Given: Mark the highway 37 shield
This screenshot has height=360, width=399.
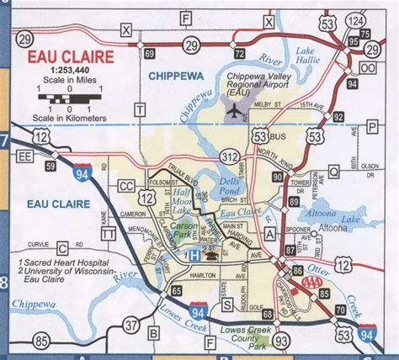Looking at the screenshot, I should (x=130, y=325).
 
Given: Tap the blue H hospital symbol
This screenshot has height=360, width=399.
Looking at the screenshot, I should (x=193, y=254).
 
